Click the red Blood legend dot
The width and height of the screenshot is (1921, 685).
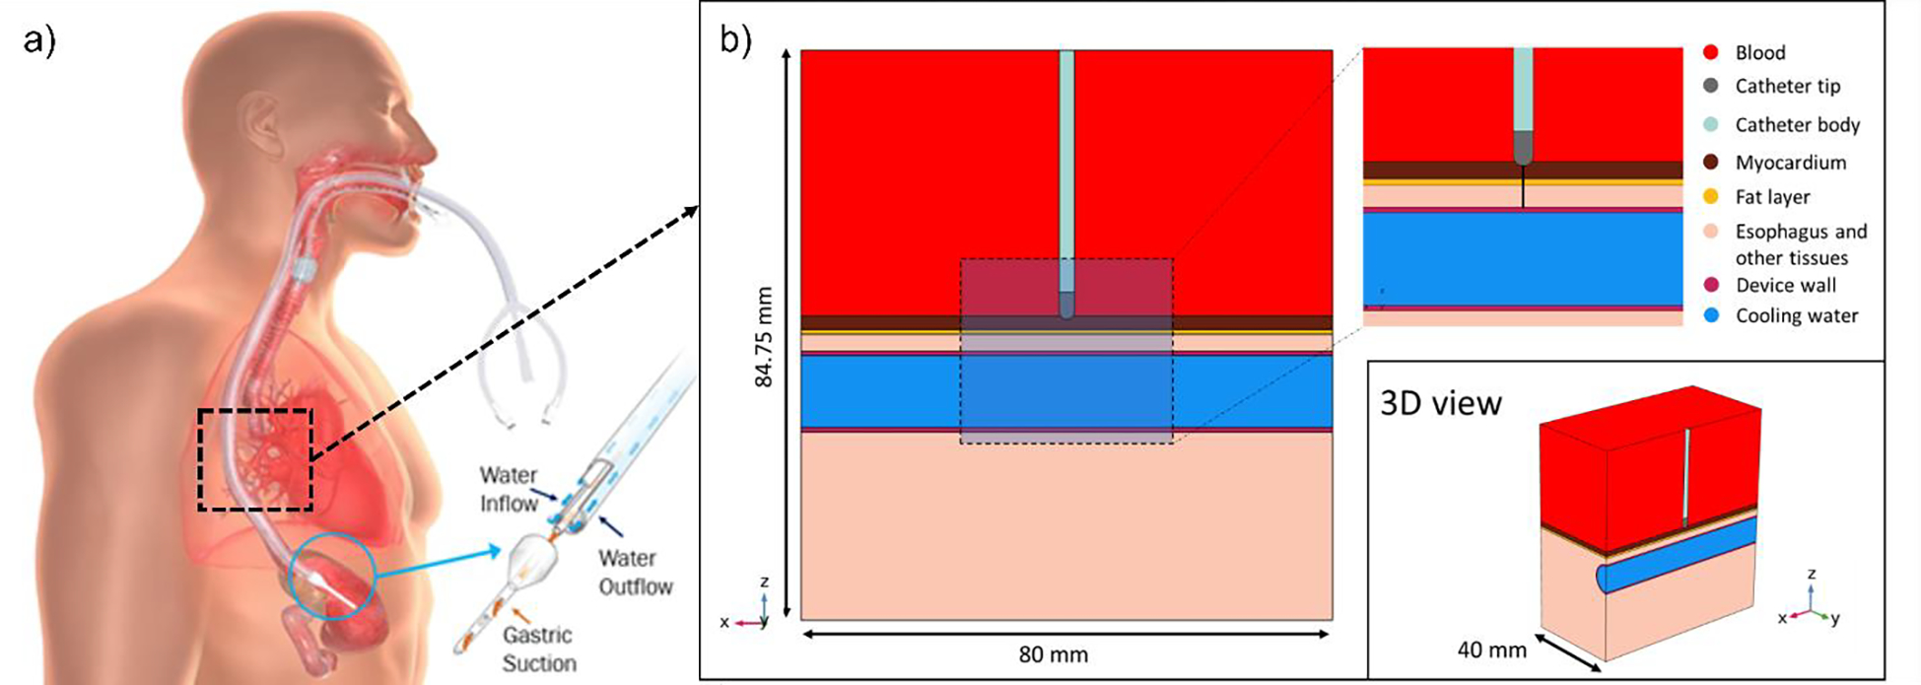pyautogui.click(x=1710, y=52)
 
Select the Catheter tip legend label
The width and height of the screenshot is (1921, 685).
pyautogui.click(x=1787, y=87)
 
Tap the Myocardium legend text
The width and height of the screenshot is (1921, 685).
pyautogui.click(x=1790, y=163)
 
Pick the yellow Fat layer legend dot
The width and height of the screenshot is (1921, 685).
pyautogui.click(x=1710, y=197)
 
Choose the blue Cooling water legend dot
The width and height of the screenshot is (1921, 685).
pyautogui.click(x=1710, y=315)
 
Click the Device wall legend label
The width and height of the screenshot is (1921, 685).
pyautogui.click(x=1785, y=286)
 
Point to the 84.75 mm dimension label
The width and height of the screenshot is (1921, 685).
pyautogui.click(x=764, y=337)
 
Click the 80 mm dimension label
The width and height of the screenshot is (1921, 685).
pyautogui.click(x=1053, y=654)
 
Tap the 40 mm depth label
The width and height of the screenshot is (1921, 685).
pyautogui.click(x=1491, y=651)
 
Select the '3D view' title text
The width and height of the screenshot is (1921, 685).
pyautogui.click(x=1440, y=403)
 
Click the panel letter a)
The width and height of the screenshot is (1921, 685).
pyautogui.click(x=39, y=41)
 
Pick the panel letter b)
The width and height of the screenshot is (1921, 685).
pyautogui.click(x=735, y=41)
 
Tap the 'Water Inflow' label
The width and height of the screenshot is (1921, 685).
pyautogui.click(x=509, y=490)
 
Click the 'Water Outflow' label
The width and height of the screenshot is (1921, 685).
pyautogui.click(x=635, y=573)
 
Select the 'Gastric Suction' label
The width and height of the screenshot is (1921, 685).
pyautogui.click(x=538, y=650)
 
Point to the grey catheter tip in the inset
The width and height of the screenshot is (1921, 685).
pyautogui.click(x=1523, y=149)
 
